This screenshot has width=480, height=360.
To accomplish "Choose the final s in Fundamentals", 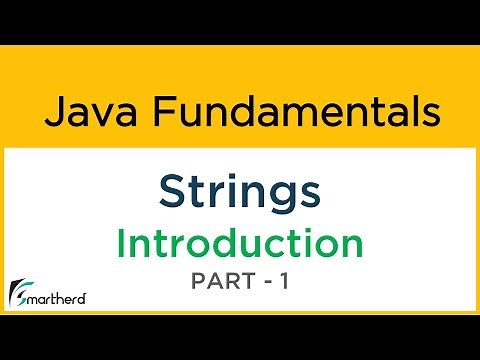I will coord(432,114).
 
